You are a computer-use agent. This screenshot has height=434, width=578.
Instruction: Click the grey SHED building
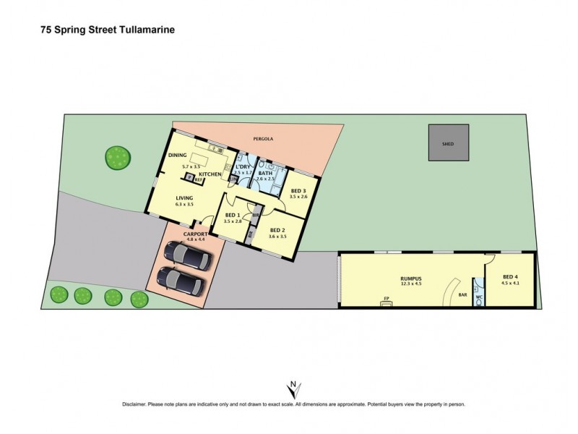(449, 143)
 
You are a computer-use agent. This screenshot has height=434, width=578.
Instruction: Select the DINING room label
(178, 155)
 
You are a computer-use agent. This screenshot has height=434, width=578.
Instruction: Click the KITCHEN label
(210, 175)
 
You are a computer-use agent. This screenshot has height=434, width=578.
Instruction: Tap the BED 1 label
(233, 215)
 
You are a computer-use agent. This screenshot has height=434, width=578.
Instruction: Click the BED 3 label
(298, 190)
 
